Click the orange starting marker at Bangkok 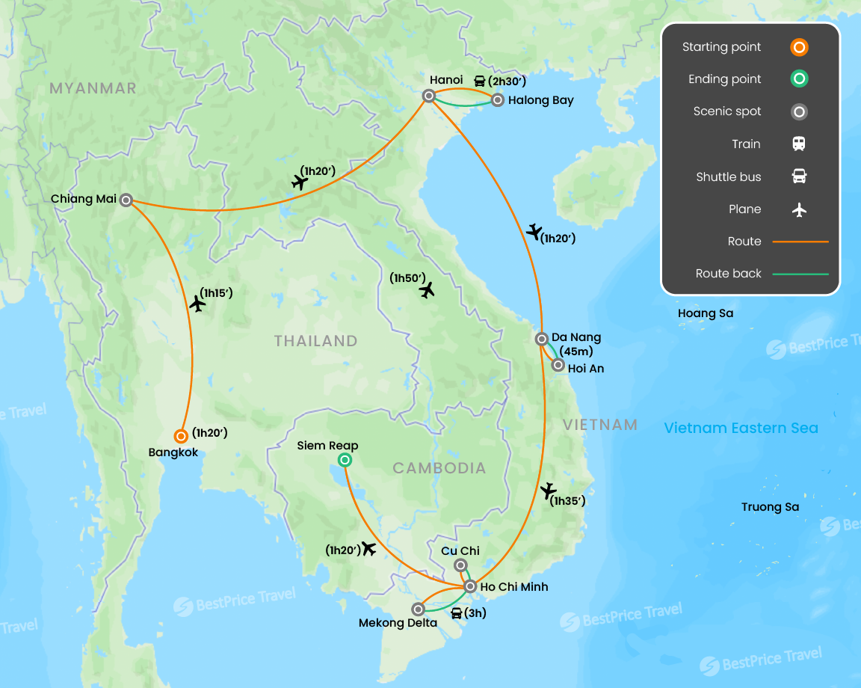click(x=180, y=436)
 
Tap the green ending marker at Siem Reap click(x=345, y=460)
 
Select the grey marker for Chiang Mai click(x=126, y=200)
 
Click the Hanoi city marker click(x=429, y=96)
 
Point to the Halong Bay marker click(x=498, y=99)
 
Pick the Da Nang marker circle click(x=542, y=338)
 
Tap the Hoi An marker click(x=558, y=365)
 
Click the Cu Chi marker click(x=460, y=565)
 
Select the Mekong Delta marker click(x=418, y=609)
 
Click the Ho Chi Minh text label click(x=513, y=587)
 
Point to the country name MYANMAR click(x=93, y=88)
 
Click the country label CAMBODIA click(x=439, y=468)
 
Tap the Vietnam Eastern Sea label click(x=741, y=429)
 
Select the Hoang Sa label click(x=705, y=313)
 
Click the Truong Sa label click(x=770, y=507)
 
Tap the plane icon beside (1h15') click(x=197, y=304)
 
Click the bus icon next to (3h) click(x=456, y=614)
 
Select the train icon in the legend click(x=799, y=144)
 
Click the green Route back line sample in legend click(x=800, y=274)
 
